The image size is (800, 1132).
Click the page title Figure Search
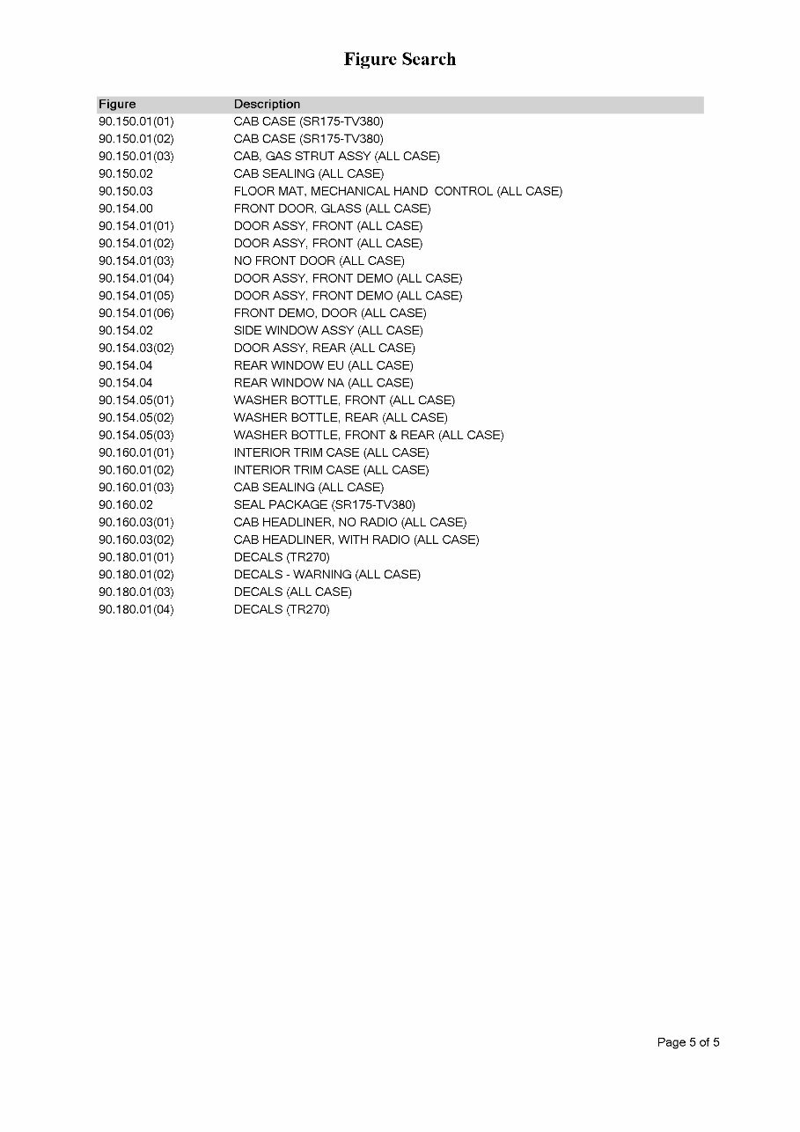point(400,60)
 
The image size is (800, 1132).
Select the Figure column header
point(117,105)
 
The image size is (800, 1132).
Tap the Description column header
point(267,105)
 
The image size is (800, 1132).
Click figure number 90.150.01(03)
point(136,157)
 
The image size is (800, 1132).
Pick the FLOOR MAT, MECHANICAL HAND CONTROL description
point(397,191)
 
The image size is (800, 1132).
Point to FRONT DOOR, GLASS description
point(332,209)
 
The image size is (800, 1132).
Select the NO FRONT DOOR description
point(319,261)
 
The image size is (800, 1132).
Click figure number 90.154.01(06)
point(136,313)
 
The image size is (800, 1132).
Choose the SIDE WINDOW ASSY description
point(327,330)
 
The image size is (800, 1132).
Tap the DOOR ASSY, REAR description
point(323,348)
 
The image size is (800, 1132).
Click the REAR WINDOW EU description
point(323,365)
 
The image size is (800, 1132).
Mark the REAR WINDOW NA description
point(323,383)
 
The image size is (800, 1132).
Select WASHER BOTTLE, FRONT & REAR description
point(368,435)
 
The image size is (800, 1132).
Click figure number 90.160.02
point(125,505)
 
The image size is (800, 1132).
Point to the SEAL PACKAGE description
point(324,505)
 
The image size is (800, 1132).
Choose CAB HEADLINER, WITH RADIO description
point(356,540)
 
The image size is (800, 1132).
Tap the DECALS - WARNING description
point(327,575)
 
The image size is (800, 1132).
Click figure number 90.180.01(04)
point(136,609)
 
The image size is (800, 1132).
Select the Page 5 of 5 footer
point(688,1043)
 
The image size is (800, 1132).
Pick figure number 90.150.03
point(125,191)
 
